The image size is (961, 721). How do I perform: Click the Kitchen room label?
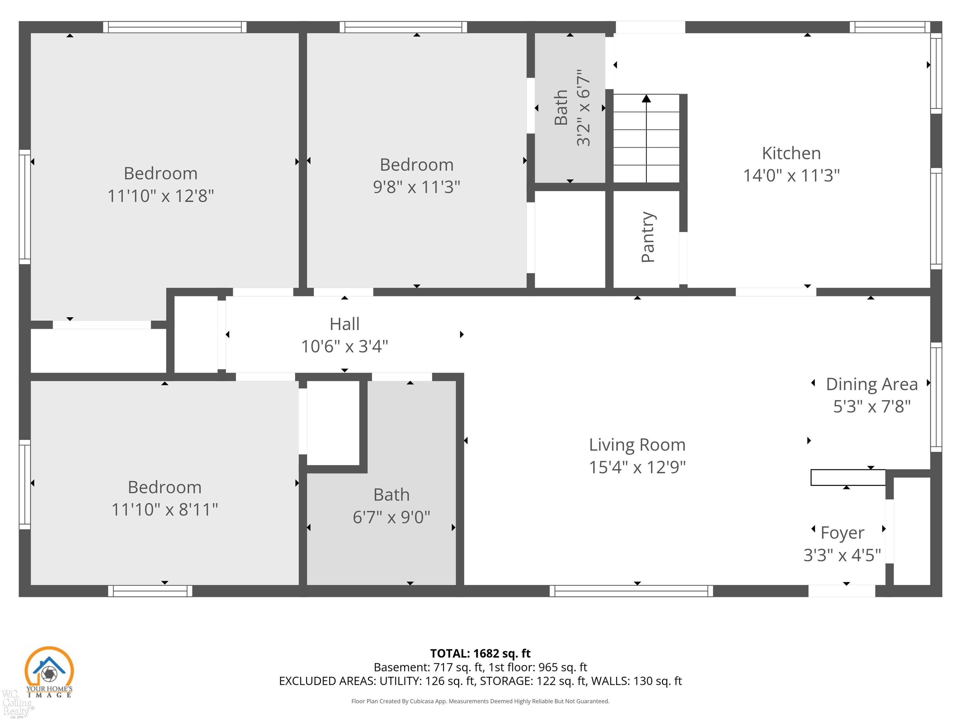coord(791,153)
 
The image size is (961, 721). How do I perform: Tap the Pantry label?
coord(647,237)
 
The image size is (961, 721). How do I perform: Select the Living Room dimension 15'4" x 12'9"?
coord(637,467)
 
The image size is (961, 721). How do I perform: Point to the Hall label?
coord(344,324)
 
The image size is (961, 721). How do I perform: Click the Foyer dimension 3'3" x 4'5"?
coord(842,555)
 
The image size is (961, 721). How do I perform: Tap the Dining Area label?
coord(872,384)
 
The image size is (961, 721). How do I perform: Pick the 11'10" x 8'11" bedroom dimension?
coord(165,509)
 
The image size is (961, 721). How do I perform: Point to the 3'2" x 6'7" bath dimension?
coord(583,107)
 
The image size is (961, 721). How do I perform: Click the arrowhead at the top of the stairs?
coord(647,99)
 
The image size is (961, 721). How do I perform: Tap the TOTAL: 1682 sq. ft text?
coord(480,653)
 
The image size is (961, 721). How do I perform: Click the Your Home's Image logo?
coord(49,672)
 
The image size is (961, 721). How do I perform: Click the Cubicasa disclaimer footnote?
coord(480,701)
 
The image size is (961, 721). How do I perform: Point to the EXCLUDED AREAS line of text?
coord(480,681)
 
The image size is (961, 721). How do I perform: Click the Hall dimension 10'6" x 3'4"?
coord(344,346)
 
